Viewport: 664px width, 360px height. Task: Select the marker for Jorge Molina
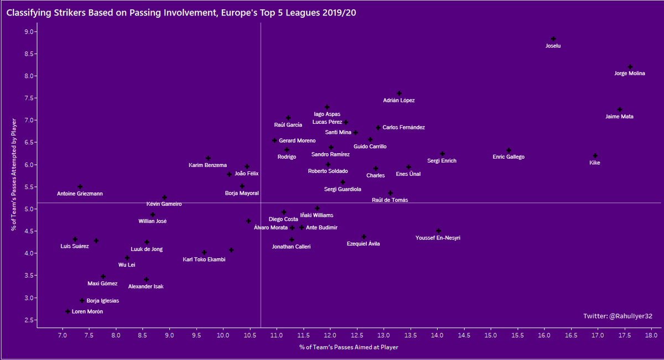click(630, 67)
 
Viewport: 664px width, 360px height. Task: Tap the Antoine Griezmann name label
click(80, 194)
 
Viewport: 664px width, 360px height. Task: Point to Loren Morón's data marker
click(68, 312)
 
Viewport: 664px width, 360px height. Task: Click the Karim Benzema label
click(207, 165)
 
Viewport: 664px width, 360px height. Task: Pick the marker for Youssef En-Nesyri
click(438, 231)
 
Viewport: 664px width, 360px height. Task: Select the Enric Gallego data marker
click(509, 150)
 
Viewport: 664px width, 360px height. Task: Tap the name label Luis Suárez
click(75, 246)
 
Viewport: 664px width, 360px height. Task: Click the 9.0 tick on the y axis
click(28, 32)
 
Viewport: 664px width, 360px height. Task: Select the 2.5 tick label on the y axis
click(28, 320)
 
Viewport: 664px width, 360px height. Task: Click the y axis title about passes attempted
click(11, 175)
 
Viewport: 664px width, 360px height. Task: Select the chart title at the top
click(181, 12)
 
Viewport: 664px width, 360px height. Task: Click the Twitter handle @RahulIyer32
click(618, 316)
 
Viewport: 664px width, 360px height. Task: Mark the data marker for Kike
click(595, 156)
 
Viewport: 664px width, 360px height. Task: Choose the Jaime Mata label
click(620, 117)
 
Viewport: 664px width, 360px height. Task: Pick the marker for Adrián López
click(399, 93)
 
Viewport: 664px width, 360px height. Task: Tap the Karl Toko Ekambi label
click(204, 260)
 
